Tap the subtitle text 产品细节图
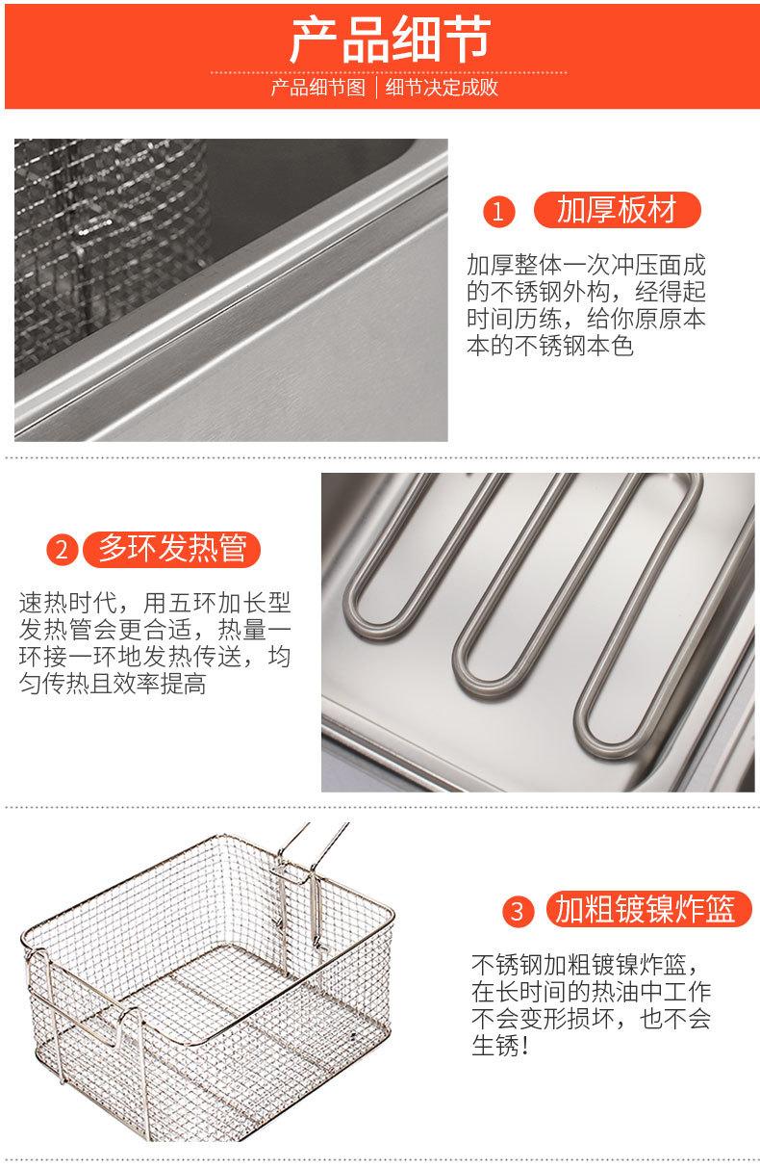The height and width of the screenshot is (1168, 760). (x=318, y=90)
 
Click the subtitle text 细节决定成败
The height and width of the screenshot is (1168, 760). (x=442, y=90)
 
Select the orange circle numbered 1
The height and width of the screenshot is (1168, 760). (x=497, y=211)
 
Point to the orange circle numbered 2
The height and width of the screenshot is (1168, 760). (x=62, y=550)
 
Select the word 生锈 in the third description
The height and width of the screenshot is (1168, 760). (x=494, y=1047)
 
